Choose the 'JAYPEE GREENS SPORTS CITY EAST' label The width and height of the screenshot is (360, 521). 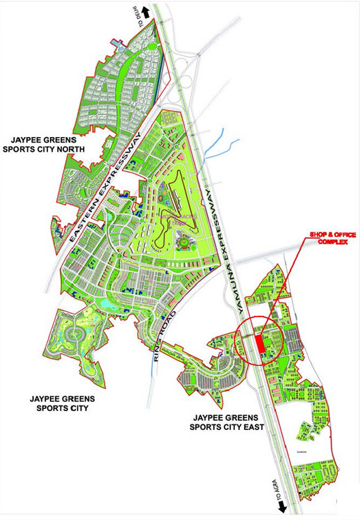(228, 422)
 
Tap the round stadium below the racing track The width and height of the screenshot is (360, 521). (183, 243)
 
